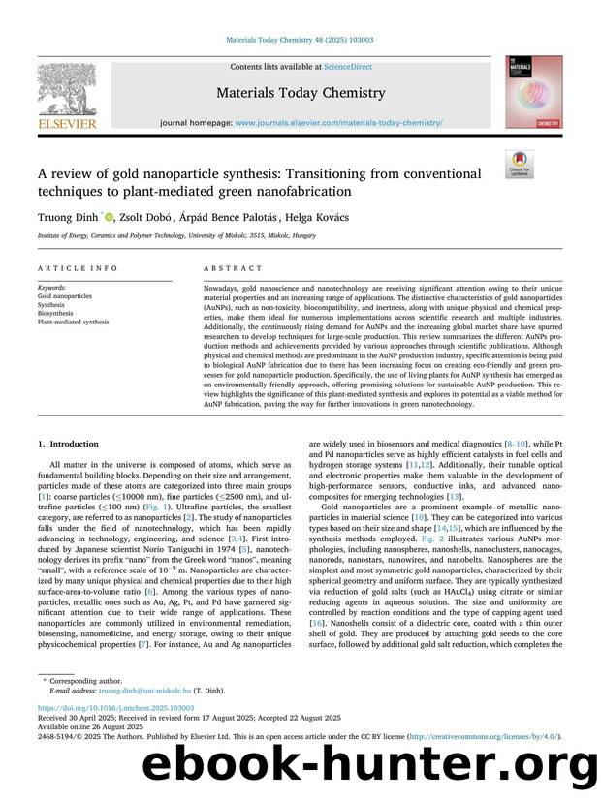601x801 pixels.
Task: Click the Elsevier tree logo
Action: click(x=65, y=89)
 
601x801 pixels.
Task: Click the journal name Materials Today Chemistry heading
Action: click(x=300, y=94)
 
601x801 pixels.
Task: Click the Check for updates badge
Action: click(x=520, y=163)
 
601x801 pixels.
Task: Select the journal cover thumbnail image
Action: click(x=534, y=93)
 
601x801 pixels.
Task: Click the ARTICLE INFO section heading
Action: click(x=65, y=268)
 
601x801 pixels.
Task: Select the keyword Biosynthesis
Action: click(x=55, y=313)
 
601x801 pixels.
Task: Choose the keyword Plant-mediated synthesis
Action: click(x=74, y=322)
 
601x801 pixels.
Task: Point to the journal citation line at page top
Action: click(x=300, y=41)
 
